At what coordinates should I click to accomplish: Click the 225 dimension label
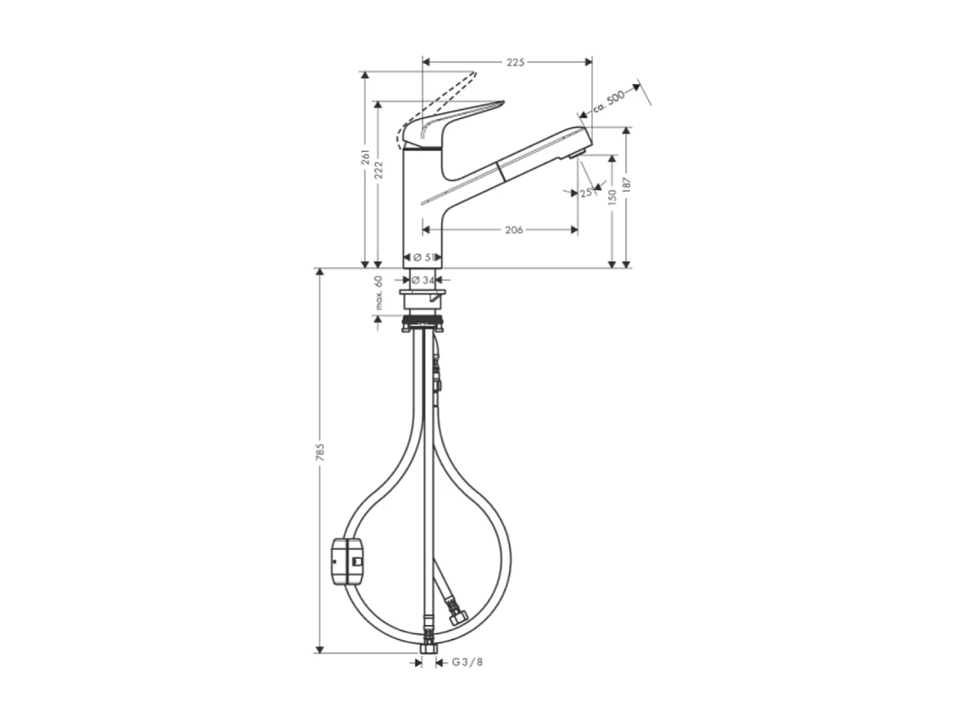point(516,62)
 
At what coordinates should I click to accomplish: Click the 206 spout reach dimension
point(513,230)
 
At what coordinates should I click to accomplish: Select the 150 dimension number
point(612,196)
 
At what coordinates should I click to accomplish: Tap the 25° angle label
point(586,193)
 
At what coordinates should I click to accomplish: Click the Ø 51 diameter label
point(422,257)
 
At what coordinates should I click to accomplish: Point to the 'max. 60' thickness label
point(377,293)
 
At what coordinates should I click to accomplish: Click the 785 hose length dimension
point(320,454)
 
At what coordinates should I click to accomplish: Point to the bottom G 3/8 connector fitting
point(427,650)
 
